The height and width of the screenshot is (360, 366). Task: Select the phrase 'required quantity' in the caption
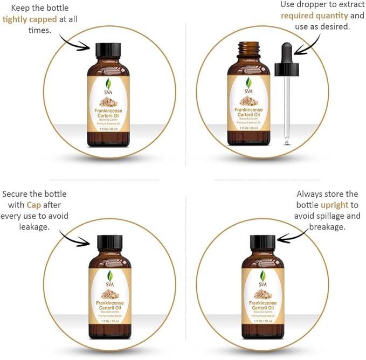click(315, 16)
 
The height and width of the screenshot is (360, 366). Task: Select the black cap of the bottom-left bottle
click(110, 242)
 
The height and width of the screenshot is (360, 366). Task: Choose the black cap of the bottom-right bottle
click(263, 242)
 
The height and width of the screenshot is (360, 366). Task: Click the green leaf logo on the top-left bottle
click(109, 82)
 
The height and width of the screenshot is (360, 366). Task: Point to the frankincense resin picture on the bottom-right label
click(263, 294)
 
